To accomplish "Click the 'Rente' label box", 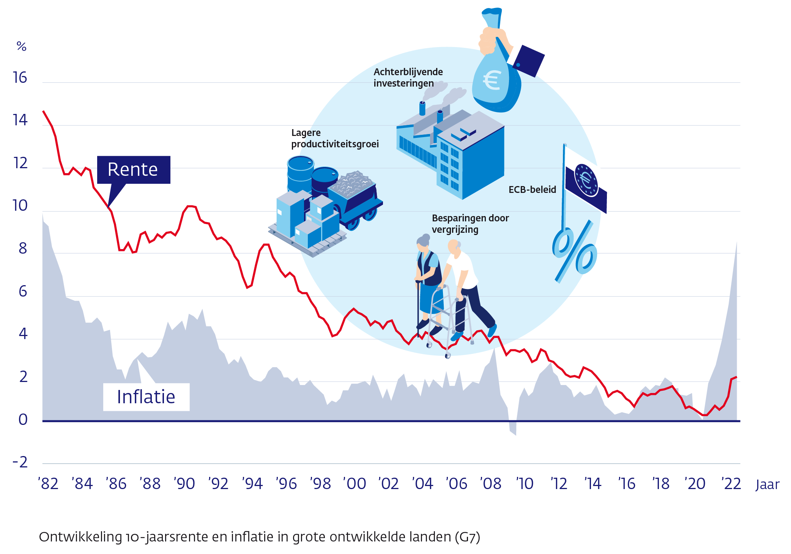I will click(x=133, y=169).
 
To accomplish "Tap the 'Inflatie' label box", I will click(x=146, y=397).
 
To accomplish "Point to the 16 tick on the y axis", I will click(x=20, y=78).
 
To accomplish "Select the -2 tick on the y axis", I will click(x=20, y=462).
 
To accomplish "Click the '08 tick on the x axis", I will click(x=491, y=484).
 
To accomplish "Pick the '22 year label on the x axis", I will click(x=731, y=484).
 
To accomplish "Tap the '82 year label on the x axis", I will click(x=48, y=484).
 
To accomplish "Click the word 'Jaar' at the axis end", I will click(x=767, y=485).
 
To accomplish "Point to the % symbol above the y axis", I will click(x=21, y=47).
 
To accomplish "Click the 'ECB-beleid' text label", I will click(x=532, y=189).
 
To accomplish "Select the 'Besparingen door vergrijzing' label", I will click(x=470, y=224).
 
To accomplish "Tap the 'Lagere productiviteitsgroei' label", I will click(x=335, y=138).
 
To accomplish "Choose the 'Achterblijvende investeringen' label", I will click(x=408, y=77).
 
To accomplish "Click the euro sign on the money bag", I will click(x=492, y=80).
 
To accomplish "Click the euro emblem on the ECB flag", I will click(x=586, y=180).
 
